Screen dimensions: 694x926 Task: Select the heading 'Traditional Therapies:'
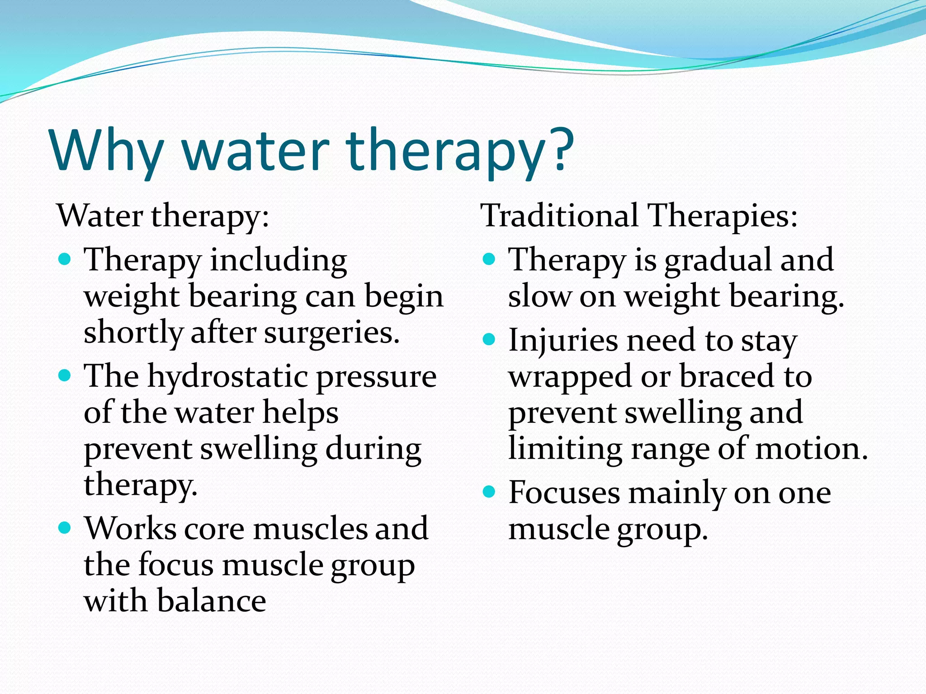pyautogui.click(x=639, y=216)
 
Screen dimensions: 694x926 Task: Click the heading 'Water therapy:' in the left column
pyautogui.click(x=163, y=216)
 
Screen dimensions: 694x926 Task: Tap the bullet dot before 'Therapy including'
pyautogui.click(x=65, y=259)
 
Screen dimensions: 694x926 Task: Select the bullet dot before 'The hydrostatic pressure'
pyautogui.click(x=65, y=375)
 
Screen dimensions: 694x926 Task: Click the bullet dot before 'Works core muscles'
pyautogui.click(x=65, y=527)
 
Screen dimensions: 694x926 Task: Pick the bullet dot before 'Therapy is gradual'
pyautogui.click(x=489, y=259)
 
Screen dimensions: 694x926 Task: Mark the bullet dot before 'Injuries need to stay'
pyautogui.click(x=489, y=339)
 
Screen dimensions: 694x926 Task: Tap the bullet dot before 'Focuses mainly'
pyautogui.click(x=489, y=492)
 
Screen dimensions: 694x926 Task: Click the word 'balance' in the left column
pyautogui.click(x=212, y=601)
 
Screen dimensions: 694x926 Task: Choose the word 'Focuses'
pyautogui.click(x=564, y=492)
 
